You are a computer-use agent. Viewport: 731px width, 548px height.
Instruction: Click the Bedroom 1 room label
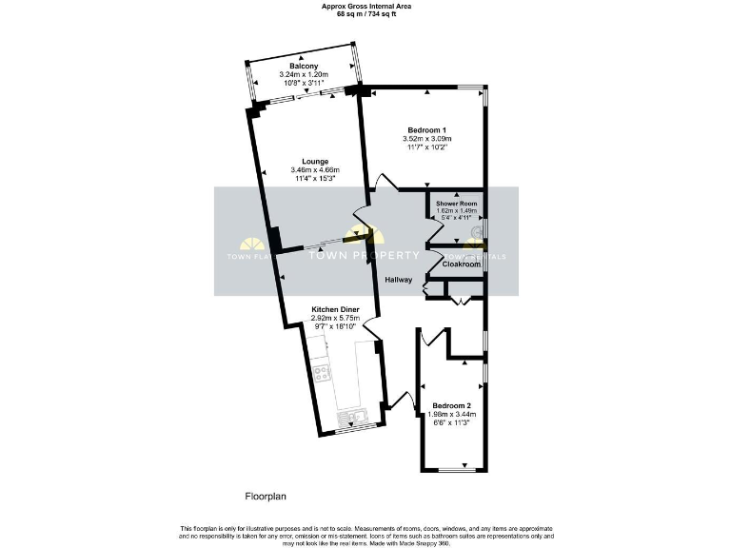(427, 129)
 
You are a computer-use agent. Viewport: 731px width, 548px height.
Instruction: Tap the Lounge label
(315, 161)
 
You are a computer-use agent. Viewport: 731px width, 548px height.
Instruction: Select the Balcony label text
(305, 66)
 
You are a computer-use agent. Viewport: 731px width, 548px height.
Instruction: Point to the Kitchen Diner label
(339, 308)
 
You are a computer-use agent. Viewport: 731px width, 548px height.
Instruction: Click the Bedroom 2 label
(451, 405)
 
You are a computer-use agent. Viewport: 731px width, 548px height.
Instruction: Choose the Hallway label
(398, 280)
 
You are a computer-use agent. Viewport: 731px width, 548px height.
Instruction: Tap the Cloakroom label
(460, 264)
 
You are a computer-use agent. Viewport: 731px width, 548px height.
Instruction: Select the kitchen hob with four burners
(322, 373)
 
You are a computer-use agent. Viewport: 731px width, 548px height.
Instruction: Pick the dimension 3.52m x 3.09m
(427, 139)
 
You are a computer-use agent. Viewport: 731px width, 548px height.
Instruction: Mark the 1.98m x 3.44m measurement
(451, 415)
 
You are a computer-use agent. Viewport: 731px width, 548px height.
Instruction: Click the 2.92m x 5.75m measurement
(339, 318)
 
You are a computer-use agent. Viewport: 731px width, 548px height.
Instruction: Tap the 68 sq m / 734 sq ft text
(365, 13)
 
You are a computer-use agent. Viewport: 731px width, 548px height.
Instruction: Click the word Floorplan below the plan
(266, 496)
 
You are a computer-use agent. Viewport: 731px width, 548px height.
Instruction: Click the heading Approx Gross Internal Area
(365, 5)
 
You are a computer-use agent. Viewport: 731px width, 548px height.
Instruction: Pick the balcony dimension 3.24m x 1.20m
(305, 74)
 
